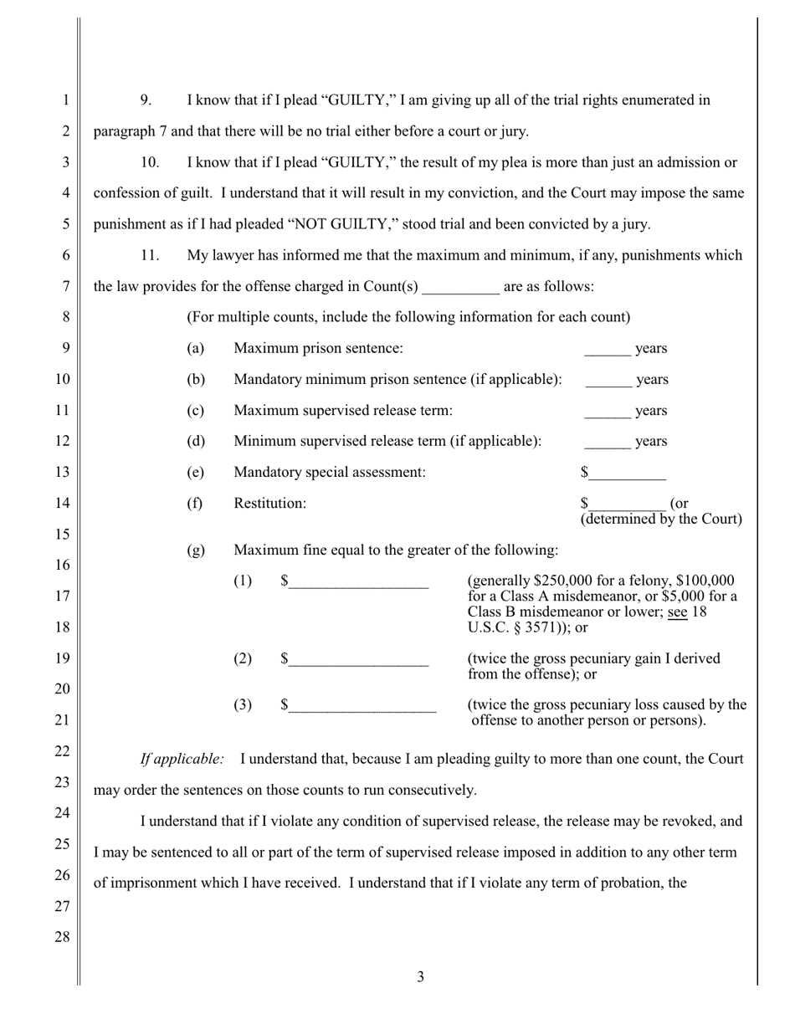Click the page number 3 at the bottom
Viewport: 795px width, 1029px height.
click(x=420, y=976)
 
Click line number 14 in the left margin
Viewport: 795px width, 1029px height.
click(x=63, y=503)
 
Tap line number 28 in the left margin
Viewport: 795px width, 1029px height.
click(x=63, y=937)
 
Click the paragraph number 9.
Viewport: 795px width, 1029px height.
click(x=146, y=100)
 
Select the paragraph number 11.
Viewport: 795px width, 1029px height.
click(x=149, y=255)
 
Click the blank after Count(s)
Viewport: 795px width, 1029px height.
click(x=460, y=288)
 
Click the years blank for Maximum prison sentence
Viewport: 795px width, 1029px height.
click(x=607, y=350)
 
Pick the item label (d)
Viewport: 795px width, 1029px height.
click(x=196, y=441)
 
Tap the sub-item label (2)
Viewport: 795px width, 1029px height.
click(x=242, y=658)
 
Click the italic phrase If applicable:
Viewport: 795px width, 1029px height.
click(x=182, y=759)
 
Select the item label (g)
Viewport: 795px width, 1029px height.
click(x=196, y=550)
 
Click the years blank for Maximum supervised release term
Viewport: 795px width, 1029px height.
click(x=607, y=412)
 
